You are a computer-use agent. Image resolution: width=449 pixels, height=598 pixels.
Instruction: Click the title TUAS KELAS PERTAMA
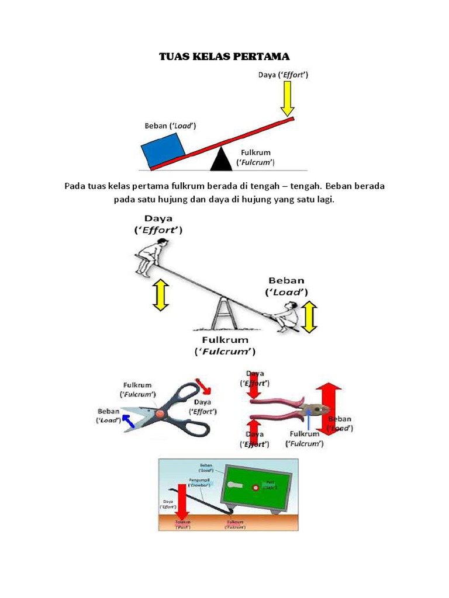coord(224,57)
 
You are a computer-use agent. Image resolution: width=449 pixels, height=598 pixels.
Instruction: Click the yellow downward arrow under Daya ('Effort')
coord(286,99)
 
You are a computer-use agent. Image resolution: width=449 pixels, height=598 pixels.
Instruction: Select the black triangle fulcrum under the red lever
coord(220,160)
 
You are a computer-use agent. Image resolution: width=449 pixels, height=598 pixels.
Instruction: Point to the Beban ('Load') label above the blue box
coord(170,126)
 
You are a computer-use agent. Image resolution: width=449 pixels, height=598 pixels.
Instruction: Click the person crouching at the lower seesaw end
coord(286,317)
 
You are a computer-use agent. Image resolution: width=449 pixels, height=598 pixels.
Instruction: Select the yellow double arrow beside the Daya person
coord(160,295)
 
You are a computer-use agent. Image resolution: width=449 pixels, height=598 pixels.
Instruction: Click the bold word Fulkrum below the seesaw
coord(225,340)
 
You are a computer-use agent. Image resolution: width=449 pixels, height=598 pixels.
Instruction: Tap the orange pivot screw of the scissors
coord(160,413)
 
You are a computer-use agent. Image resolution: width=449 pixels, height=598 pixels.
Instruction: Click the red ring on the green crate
coord(255,488)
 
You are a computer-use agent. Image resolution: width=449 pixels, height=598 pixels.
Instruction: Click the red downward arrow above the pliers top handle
coord(255,387)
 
